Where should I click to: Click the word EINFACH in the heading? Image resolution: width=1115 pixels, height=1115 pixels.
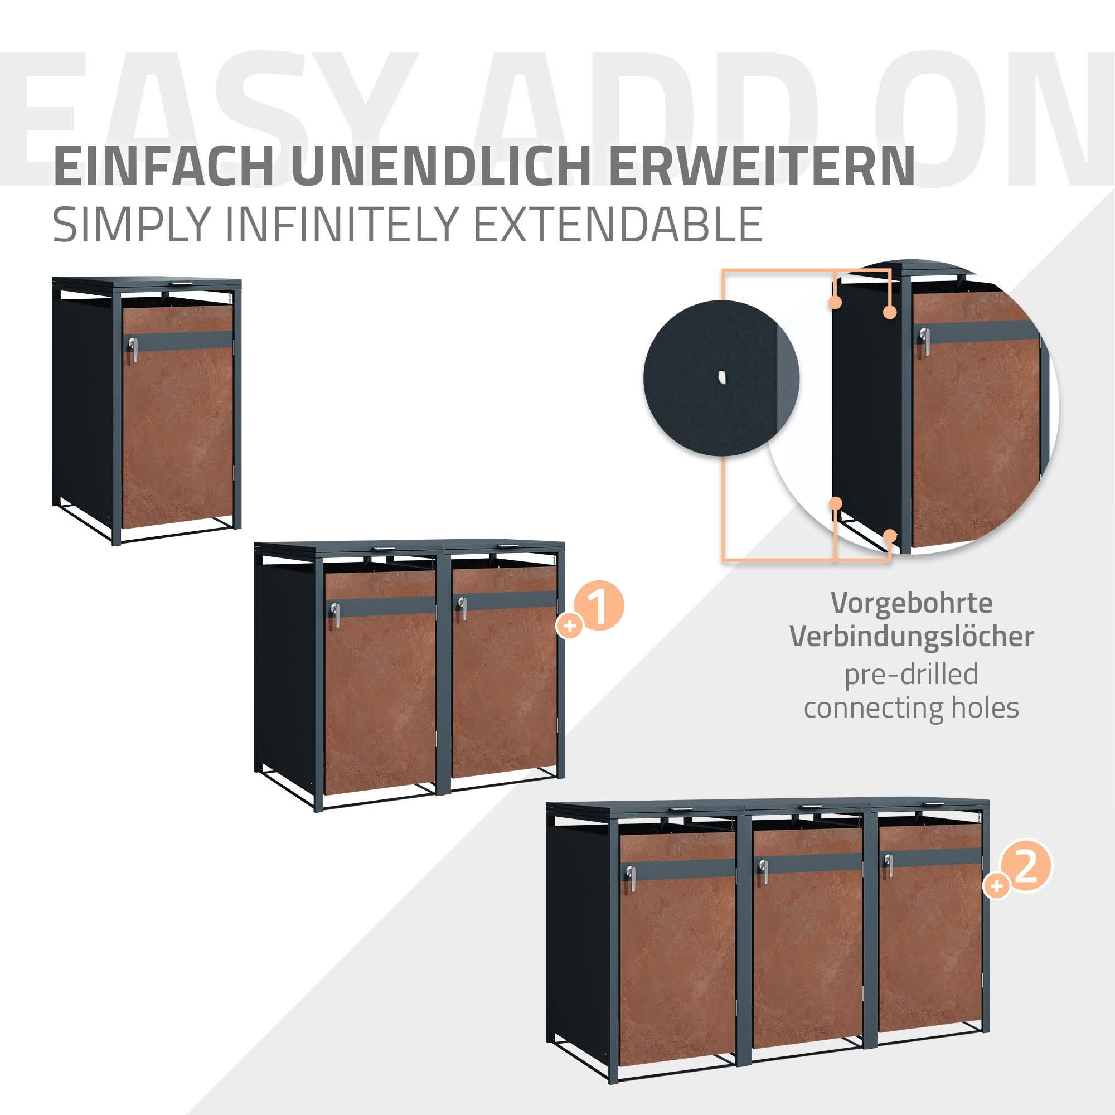[x=163, y=166]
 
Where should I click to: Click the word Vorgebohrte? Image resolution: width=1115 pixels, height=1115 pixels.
[x=912, y=603]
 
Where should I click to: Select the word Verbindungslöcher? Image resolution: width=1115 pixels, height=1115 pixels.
[x=912, y=637]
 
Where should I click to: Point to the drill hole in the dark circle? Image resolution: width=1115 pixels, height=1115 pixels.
[x=720, y=378]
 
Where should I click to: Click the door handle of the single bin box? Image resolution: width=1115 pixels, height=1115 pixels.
[x=134, y=349]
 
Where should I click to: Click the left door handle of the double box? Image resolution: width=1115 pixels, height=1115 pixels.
[x=334, y=613]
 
